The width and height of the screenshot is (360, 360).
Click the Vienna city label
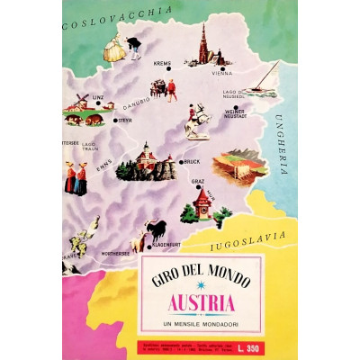(222, 76)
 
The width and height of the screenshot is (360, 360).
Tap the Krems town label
(162, 64)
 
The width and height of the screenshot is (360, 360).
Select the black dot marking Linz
(99, 102)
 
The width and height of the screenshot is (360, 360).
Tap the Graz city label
(199, 181)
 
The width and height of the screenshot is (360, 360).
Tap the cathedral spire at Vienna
(204, 40)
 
